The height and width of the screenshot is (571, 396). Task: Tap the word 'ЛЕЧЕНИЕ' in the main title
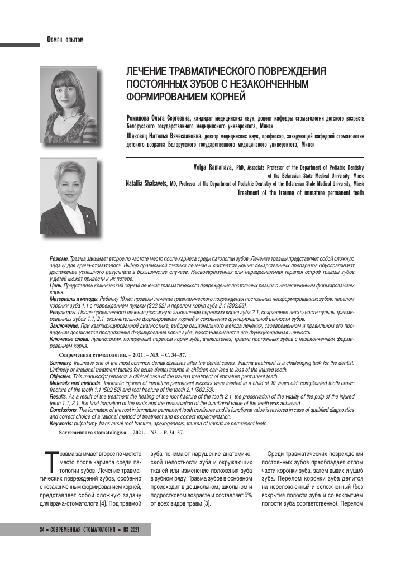(149, 73)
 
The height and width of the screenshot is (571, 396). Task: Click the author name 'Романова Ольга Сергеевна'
(159, 119)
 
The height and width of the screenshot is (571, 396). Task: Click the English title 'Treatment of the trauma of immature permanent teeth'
(300, 193)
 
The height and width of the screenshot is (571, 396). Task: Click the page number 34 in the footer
(42, 529)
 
